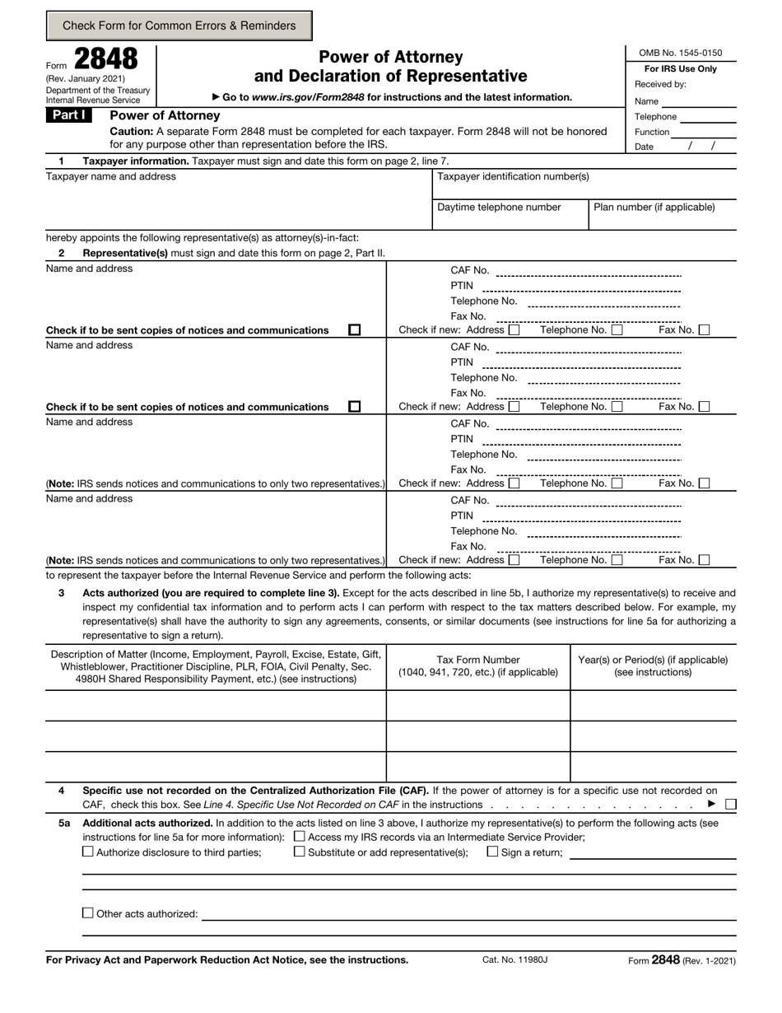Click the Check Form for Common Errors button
pos(179,26)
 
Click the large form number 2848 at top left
pos(106,59)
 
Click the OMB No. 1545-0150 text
pos(680,54)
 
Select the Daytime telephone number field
pos(510,216)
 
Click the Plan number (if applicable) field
pos(663,216)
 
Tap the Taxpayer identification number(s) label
pos(513,176)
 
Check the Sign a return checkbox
pos(492,852)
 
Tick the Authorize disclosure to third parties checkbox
pos(88,852)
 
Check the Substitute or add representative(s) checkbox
pos(299,852)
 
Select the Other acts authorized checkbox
pos(88,913)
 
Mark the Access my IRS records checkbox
pos(299,837)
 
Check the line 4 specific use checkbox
pos(731,804)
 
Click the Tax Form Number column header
pos(478,665)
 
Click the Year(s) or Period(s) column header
pos(653,665)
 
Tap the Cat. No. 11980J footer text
pos(514,960)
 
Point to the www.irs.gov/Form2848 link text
pos(309,97)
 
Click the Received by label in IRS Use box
pos(660,84)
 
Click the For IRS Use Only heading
pos(680,69)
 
